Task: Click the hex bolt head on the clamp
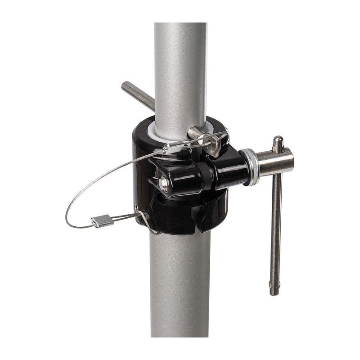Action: coord(164,183)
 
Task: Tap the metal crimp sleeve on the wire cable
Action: coord(102,220)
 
